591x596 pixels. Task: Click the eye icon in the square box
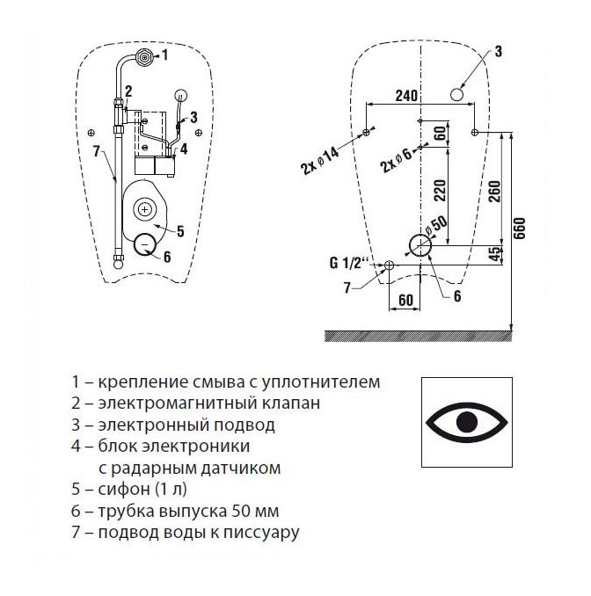(x=467, y=422)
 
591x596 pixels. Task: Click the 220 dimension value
(x=440, y=190)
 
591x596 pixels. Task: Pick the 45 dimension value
(x=497, y=254)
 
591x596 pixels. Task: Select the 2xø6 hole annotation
(x=396, y=159)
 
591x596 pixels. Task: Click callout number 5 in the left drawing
(x=179, y=231)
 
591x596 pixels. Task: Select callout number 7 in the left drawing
(x=97, y=151)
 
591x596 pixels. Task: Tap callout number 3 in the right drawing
(x=497, y=52)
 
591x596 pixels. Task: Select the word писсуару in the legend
(x=267, y=532)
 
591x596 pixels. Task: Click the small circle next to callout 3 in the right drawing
(x=457, y=94)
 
